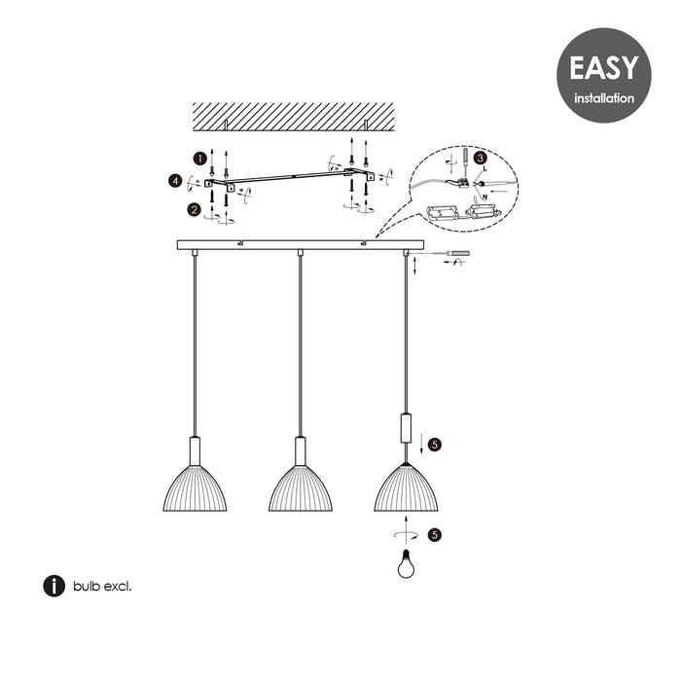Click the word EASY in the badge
(x=603, y=68)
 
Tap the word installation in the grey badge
(x=603, y=98)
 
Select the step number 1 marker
(x=198, y=157)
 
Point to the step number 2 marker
(x=196, y=208)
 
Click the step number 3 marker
(x=481, y=159)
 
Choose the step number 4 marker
(x=174, y=181)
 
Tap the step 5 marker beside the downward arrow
(x=435, y=445)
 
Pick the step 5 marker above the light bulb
(x=435, y=534)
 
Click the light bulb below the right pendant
(x=406, y=563)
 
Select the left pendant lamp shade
(x=195, y=486)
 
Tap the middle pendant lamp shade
(x=301, y=486)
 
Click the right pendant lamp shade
(x=406, y=486)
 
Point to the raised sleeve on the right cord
(x=406, y=428)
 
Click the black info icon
(x=54, y=586)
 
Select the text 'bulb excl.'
(x=101, y=586)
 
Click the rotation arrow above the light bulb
(x=406, y=535)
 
